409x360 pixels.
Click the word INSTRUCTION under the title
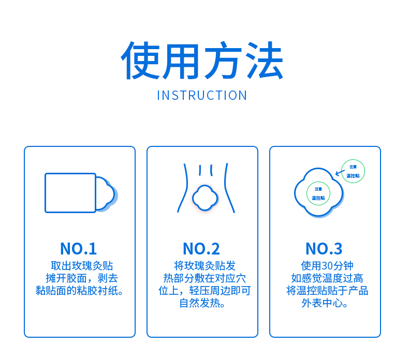click(202, 95)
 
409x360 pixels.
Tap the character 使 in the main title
click(140, 60)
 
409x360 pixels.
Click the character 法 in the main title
click(264, 60)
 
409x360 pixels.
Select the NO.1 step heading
click(78, 249)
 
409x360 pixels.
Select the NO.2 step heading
click(201, 249)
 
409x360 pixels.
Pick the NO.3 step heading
click(324, 249)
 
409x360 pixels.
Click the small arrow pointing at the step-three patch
click(340, 173)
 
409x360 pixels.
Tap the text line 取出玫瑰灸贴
click(82, 266)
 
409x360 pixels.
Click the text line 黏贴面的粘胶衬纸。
click(79, 291)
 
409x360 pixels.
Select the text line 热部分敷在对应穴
click(204, 278)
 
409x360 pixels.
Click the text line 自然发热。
click(202, 303)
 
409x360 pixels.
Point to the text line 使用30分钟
click(327, 266)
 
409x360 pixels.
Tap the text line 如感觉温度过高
click(327, 278)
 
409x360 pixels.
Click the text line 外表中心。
click(325, 303)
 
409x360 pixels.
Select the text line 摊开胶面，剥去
click(82, 278)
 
